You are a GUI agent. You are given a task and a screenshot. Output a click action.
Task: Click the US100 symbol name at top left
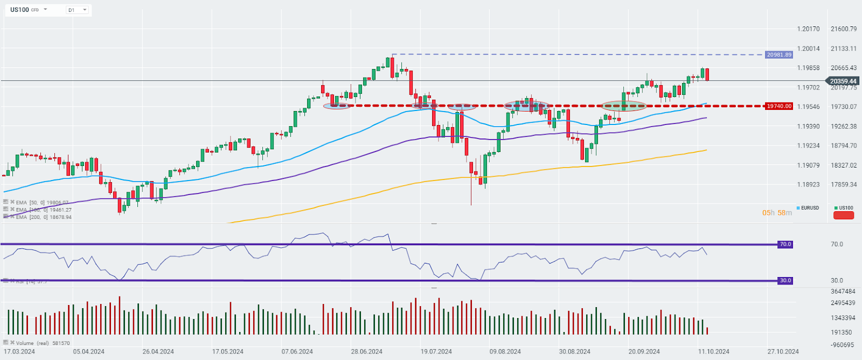(20, 10)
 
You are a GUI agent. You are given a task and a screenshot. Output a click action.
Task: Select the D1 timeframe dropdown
(77, 10)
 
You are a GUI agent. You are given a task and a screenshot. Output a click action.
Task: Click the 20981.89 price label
(779, 55)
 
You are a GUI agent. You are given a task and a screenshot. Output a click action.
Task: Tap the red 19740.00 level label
(779, 106)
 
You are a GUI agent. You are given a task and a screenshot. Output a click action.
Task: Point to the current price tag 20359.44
(843, 81)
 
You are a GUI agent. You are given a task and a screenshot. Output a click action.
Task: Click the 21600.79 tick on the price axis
(844, 29)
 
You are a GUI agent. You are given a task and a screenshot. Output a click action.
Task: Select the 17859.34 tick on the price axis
(844, 184)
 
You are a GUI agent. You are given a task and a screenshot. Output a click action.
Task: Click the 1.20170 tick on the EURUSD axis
(808, 29)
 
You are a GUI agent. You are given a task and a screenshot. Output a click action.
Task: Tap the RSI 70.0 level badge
(785, 244)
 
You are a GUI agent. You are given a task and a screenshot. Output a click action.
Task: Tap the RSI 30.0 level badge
(785, 280)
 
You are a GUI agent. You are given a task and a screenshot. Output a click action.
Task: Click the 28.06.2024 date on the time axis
(367, 351)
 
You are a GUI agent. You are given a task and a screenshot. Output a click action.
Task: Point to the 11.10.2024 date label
(714, 351)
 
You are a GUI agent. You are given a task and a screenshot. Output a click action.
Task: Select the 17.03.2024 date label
(19, 351)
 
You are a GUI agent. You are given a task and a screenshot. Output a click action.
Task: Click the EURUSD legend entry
(809, 208)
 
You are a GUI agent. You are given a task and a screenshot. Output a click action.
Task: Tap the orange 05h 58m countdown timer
(777, 213)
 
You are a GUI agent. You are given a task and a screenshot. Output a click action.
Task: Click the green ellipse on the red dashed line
(623, 106)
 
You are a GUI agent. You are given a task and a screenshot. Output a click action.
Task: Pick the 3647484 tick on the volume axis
(843, 292)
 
